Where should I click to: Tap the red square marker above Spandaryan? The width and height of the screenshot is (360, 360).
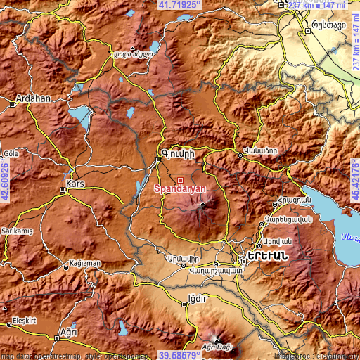click(x=180, y=180)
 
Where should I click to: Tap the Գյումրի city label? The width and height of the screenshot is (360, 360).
click(x=176, y=153)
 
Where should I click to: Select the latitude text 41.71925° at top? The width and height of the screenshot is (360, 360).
click(x=179, y=5)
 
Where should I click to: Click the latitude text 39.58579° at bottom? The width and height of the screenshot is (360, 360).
click(x=179, y=355)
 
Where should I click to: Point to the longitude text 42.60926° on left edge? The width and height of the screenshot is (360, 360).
click(x=5, y=180)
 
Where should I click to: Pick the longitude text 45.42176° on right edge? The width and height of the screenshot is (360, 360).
click(x=354, y=180)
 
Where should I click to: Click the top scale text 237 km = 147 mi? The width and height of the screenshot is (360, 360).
click(x=322, y=5)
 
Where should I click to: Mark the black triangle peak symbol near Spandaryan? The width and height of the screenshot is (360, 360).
click(x=203, y=205)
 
